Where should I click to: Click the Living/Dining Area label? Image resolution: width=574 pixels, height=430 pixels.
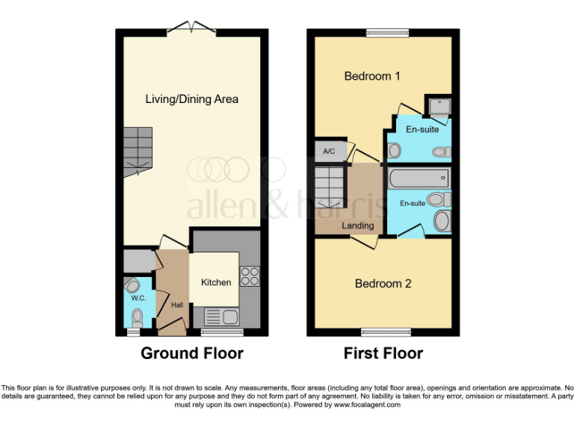point(192,99)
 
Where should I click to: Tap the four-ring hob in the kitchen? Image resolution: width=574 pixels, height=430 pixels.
point(250,276)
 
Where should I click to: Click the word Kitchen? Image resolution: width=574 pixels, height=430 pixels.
point(216,282)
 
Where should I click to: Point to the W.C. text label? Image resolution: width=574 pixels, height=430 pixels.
point(138,299)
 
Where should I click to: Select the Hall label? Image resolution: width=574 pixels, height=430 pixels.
point(176,305)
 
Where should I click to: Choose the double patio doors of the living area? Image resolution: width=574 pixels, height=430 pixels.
point(191,29)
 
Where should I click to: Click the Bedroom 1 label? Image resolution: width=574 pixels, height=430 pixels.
point(372,76)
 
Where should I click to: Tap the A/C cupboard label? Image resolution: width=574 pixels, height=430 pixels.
point(329,152)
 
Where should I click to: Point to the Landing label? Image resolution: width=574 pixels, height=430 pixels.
point(358,225)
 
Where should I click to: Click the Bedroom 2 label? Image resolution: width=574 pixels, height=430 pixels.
point(383,284)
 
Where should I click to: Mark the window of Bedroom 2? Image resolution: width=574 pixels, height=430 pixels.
point(386,331)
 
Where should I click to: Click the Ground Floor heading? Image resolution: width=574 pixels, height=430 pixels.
point(191,353)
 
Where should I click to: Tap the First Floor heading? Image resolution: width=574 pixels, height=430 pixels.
point(383,353)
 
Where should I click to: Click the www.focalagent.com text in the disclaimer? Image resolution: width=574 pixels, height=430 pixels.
point(365,405)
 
